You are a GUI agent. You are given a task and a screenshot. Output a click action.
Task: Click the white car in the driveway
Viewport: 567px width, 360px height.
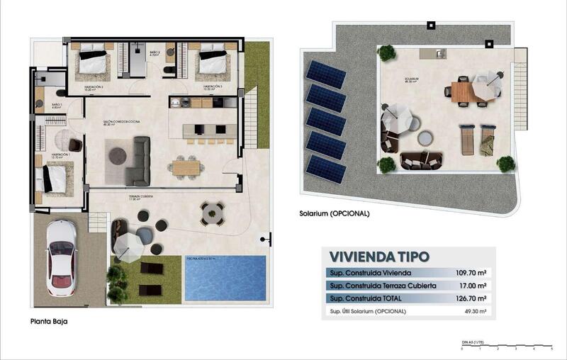pyautogui.click(x=61, y=257)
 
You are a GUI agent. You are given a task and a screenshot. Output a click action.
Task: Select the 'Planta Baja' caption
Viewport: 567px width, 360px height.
pyautogui.click(x=49, y=321)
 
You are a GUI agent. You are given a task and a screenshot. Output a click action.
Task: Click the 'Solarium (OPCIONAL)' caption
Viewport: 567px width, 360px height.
pyautogui.click(x=334, y=213)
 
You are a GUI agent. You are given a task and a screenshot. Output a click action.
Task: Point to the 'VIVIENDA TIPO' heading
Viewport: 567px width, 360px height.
pyautogui.click(x=379, y=257)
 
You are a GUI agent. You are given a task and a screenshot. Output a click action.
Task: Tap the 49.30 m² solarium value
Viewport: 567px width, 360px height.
pyautogui.click(x=475, y=311)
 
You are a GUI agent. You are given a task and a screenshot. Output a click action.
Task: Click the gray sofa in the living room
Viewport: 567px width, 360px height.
pyautogui.click(x=139, y=161)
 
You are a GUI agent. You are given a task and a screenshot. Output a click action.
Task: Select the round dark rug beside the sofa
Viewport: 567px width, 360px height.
pyautogui.click(x=117, y=156)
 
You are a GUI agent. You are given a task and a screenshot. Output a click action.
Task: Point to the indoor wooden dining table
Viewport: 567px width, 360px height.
pyautogui.click(x=186, y=168)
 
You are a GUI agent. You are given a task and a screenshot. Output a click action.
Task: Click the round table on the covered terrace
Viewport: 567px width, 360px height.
pyautogui.click(x=212, y=212)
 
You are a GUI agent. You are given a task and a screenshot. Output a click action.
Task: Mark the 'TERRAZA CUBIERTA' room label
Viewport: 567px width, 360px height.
pyautogui.click(x=141, y=196)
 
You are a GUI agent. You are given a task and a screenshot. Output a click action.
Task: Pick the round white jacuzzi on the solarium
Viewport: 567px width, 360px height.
pyautogui.click(x=425, y=137)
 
